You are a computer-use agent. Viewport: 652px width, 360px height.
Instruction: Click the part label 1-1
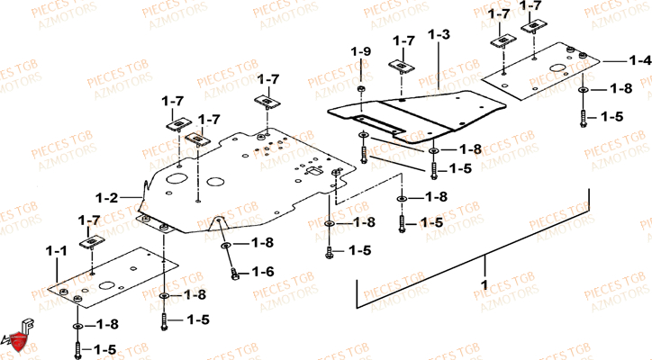(56, 249)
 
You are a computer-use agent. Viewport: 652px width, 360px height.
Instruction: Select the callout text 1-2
(107, 195)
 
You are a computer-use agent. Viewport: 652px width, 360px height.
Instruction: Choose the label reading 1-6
(262, 271)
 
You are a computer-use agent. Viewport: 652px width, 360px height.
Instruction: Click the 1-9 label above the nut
(360, 51)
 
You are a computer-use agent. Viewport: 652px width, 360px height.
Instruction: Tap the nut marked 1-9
(360, 90)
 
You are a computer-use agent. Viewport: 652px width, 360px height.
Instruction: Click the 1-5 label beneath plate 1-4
(612, 117)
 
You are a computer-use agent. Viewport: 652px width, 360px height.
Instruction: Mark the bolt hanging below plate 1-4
(584, 116)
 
